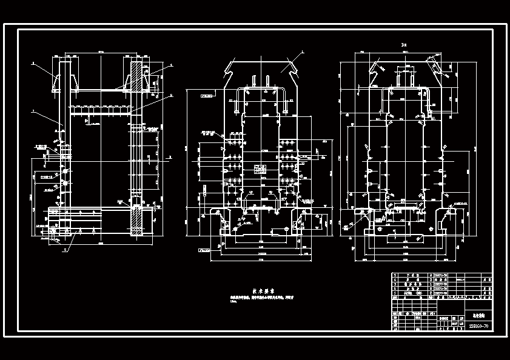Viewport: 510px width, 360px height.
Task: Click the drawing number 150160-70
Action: point(478,327)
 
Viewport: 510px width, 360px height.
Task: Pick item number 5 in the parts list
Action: point(396,275)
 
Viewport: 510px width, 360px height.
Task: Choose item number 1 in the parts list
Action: point(396,297)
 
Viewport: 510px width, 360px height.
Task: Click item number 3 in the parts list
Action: point(396,286)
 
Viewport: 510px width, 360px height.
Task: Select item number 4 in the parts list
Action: point(396,281)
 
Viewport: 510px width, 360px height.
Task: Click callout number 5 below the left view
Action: point(65,249)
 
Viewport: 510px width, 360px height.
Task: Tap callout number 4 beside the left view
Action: point(172,64)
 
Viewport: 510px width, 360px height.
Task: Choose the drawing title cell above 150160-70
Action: point(478,316)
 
